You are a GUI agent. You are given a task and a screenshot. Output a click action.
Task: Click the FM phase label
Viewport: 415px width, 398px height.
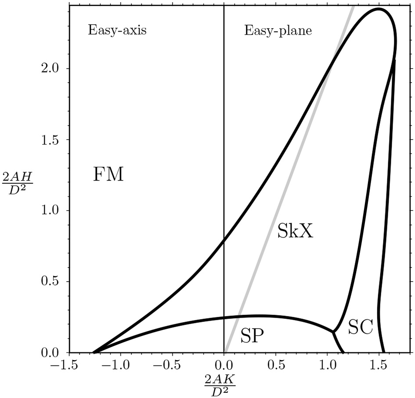(108, 175)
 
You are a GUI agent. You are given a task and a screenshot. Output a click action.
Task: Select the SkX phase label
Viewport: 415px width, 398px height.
(295, 231)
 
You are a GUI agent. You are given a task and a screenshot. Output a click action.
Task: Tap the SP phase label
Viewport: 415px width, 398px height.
(252, 336)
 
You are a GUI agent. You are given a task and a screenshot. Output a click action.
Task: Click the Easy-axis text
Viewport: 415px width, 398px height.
(117, 30)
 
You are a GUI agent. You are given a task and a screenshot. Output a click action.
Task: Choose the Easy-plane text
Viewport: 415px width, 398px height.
(278, 30)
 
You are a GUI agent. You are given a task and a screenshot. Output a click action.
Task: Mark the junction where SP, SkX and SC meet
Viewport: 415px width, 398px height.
(333, 332)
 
